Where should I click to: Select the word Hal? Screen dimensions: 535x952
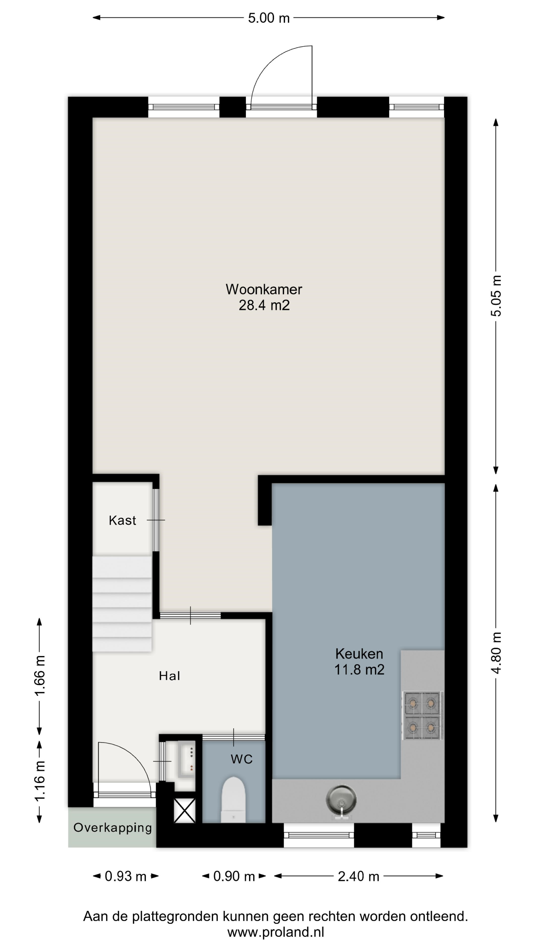pos(169,676)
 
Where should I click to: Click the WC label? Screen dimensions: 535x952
pos(241,759)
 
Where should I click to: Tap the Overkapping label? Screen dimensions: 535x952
pos(113,828)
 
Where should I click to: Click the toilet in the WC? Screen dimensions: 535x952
pos(233,800)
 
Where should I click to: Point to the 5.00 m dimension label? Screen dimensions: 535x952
pos(268,18)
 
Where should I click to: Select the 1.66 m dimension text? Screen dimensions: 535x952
pos(40,676)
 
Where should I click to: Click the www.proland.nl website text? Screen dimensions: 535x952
pos(275,932)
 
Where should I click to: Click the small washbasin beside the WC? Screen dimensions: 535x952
pos(187,759)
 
